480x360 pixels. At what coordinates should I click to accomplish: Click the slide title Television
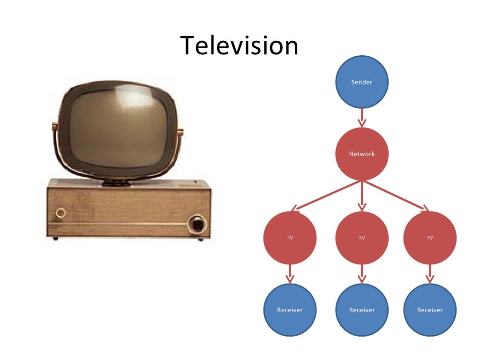(x=240, y=46)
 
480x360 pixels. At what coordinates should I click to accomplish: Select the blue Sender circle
(x=362, y=82)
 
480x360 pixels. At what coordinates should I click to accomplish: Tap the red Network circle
(x=362, y=154)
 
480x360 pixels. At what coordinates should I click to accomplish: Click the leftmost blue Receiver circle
(x=290, y=310)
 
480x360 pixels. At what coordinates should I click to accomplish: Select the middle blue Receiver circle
(x=362, y=310)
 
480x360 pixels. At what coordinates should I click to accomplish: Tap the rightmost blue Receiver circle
(x=430, y=310)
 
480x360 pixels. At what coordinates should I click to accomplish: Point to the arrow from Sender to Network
(x=362, y=118)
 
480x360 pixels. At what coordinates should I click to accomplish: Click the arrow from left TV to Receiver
(x=290, y=274)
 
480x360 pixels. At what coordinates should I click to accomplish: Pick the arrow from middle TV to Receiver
(x=362, y=274)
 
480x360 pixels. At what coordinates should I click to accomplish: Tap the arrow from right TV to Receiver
(x=430, y=274)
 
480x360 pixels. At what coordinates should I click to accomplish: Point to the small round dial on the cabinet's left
(x=61, y=214)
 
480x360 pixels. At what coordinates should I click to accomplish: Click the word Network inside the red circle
(x=362, y=154)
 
